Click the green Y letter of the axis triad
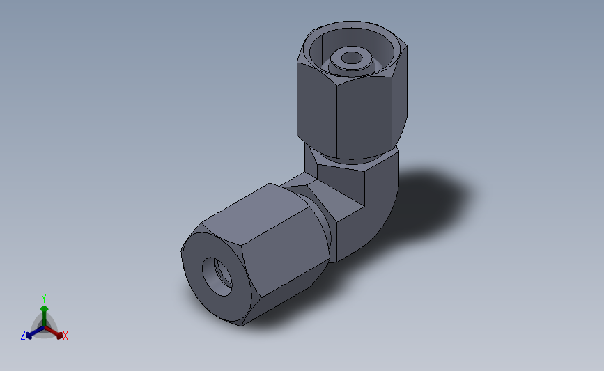(x=44, y=299)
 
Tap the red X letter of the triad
(x=65, y=336)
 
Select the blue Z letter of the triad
(x=23, y=336)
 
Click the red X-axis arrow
(x=56, y=331)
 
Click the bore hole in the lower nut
(x=217, y=274)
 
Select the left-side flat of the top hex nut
(x=316, y=108)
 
